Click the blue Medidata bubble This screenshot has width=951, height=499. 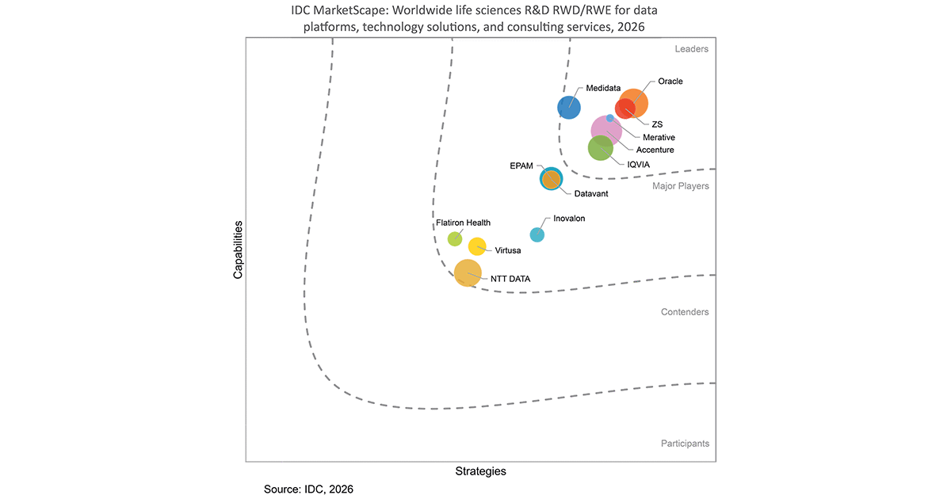(x=569, y=108)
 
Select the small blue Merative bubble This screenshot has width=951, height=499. (x=610, y=118)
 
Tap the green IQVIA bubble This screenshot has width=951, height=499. (x=601, y=148)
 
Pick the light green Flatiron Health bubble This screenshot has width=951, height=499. (x=455, y=239)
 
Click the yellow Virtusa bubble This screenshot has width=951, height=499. (x=477, y=246)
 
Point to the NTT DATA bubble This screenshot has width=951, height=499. (x=468, y=272)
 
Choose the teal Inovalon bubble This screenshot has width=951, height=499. (x=537, y=234)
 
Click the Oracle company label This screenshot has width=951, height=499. (x=670, y=81)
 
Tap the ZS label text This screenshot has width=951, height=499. (x=657, y=124)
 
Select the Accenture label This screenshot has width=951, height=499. (x=655, y=150)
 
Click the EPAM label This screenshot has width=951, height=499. (x=521, y=166)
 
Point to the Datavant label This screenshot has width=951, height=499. (x=591, y=193)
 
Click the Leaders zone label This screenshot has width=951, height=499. (x=692, y=49)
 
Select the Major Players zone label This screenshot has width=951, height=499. (x=681, y=186)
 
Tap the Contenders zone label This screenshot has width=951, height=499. (x=685, y=312)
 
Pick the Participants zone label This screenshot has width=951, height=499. (x=685, y=444)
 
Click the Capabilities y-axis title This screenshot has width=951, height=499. (x=238, y=250)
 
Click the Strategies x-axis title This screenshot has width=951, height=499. (x=480, y=471)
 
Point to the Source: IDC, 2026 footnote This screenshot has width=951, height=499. (x=308, y=489)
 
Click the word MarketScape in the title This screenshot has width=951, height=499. (x=350, y=10)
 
